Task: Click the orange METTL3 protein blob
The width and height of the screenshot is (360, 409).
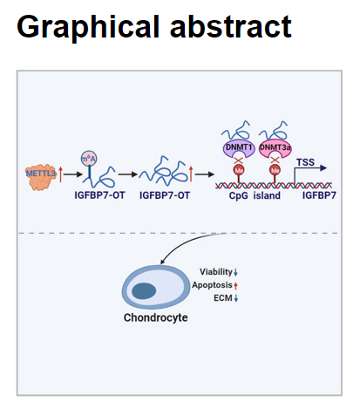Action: point(41,177)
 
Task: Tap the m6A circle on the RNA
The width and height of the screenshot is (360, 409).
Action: point(89,159)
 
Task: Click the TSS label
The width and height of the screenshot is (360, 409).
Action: point(305,162)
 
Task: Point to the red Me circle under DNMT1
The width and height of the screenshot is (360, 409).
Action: point(239,170)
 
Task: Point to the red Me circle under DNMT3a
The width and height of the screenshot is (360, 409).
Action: point(275,170)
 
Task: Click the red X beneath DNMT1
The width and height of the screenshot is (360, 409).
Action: point(239,160)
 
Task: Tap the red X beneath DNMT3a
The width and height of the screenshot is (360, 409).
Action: point(275,160)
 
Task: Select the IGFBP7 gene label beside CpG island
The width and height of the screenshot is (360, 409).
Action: point(319,195)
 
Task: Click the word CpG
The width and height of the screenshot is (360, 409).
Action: point(238,195)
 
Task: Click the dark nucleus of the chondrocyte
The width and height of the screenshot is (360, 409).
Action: point(144,290)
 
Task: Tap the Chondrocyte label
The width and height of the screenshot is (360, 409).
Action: point(156,317)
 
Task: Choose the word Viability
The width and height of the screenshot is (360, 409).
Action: point(216,272)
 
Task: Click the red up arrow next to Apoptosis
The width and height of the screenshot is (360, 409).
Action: point(235,286)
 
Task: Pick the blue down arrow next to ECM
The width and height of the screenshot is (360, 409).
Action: point(236,298)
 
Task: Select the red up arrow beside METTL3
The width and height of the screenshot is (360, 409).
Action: point(60,174)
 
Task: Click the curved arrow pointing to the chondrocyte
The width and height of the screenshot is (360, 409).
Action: point(186,242)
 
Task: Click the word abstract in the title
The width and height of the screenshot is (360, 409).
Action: point(230,26)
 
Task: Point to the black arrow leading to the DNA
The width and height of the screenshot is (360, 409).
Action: point(205,174)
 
